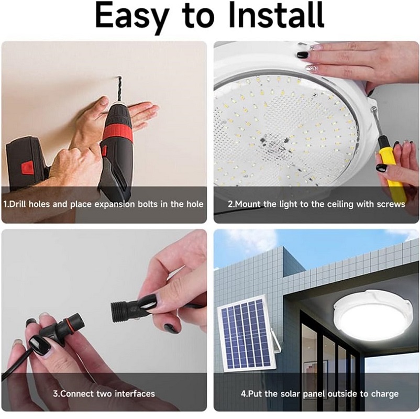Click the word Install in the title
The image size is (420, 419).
pyautogui.click(x=276, y=15)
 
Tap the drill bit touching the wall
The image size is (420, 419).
pyautogui.click(x=118, y=89)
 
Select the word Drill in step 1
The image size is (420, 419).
pyautogui.click(x=18, y=204)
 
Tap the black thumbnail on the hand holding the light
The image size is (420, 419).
pyautogui.click(x=302, y=54)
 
